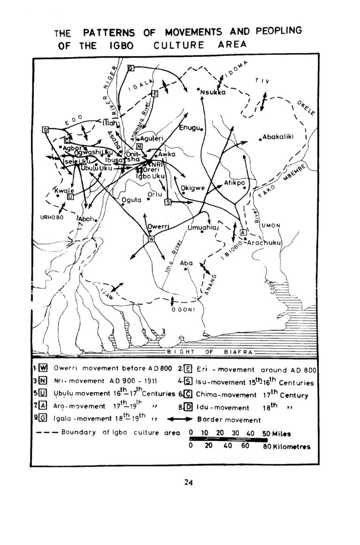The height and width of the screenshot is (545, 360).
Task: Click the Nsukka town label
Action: click(x=213, y=92)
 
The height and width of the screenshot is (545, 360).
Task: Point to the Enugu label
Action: click(x=189, y=127)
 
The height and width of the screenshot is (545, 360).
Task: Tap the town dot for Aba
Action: click(x=186, y=269)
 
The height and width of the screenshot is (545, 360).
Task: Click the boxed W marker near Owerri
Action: click(x=151, y=239)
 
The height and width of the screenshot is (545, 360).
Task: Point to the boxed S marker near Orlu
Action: click(x=168, y=202)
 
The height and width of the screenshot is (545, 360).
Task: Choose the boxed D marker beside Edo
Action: click(x=45, y=129)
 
